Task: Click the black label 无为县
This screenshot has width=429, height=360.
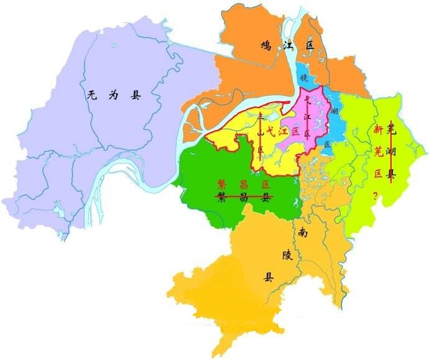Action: coord(114,96)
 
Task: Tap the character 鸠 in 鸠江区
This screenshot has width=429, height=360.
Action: coord(266,45)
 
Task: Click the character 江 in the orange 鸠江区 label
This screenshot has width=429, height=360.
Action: coord(287,45)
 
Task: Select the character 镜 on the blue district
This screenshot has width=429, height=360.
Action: coord(304,78)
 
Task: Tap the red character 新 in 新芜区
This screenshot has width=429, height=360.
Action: coord(377,130)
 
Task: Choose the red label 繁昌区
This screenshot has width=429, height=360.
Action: coord(243,185)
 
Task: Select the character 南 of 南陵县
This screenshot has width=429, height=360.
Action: coord(303,233)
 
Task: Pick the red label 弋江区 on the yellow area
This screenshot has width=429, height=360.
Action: coord(283,132)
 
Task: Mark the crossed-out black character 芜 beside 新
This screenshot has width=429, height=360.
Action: coord(391,130)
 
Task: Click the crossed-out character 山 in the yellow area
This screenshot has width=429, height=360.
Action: coord(261,133)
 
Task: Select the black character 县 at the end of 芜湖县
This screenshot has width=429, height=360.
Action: coord(391,175)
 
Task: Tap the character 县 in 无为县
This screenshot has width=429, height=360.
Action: coord(136,96)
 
